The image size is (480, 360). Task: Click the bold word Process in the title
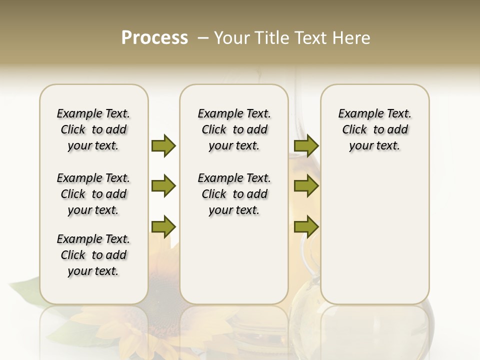[154, 38]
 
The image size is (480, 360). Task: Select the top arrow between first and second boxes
[163, 145]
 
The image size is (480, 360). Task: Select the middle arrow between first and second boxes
[163, 186]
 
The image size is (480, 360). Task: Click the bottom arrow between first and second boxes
[163, 226]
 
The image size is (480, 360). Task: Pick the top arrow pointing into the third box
[306, 145]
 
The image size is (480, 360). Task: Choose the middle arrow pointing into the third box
[306, 186]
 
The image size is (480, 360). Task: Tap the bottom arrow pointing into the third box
[306, 226]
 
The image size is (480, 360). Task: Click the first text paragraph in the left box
[93, 129]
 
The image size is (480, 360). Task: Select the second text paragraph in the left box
[93, 194]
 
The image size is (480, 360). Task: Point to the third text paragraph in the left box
[93, 255]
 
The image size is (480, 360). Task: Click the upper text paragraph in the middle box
[234, 129]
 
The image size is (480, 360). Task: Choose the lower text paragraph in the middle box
[234, 194]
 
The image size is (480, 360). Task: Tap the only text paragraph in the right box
[374, 129]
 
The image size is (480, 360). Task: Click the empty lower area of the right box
[374, 240]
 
